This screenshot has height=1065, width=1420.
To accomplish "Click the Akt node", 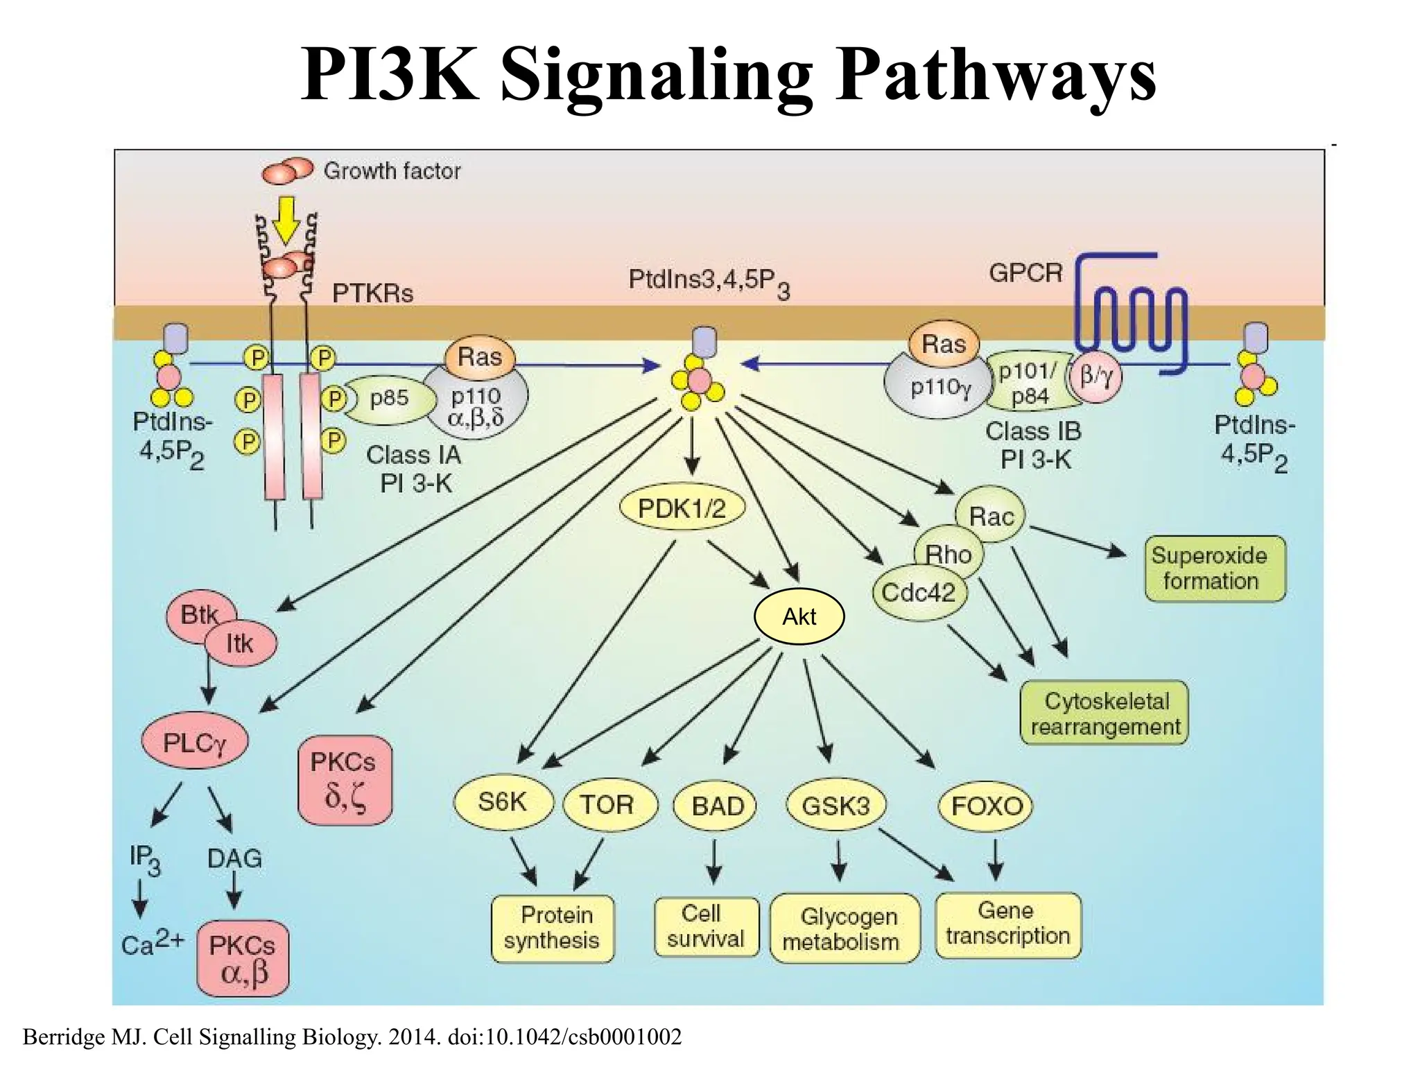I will click(799, 616).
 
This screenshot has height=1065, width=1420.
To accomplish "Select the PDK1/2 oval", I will click(682, 509).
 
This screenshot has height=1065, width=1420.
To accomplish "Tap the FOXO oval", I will click(987, 806).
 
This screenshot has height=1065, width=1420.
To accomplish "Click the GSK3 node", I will click(835, 806).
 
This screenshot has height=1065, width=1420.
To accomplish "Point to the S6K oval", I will click(503, 802).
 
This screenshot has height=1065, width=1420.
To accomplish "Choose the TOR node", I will click(607, 805).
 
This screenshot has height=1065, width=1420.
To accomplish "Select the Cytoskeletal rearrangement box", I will click(1105, 713).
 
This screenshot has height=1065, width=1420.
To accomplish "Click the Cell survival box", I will click(706, 926).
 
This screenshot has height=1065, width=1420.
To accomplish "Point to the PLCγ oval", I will click(195, 743).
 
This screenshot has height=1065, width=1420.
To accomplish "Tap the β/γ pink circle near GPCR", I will click(1096, 377).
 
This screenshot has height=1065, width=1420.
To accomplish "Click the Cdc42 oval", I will click(918, 593).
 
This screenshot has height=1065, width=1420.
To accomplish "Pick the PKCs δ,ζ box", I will click(345, 780).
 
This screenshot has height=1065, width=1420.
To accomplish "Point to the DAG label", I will click(234, 859).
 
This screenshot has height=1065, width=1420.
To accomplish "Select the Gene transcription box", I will click(1007, 924).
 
